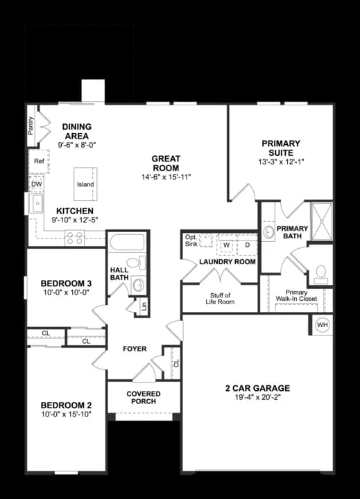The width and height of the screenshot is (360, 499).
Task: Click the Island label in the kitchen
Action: click(x=85, y=185)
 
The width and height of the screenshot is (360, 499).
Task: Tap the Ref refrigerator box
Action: click(x=39, y=161)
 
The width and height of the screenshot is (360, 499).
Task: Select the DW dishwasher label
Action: click(x=37, y=184)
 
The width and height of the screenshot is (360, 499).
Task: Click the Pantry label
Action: click(x=31, y=125)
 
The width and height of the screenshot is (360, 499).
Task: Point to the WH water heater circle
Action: click(x=323, y=324)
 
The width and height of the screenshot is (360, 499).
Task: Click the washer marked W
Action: click(x=226, y=245)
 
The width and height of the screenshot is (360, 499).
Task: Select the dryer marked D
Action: click(x=246, y=245)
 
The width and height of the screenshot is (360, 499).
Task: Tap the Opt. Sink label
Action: click(x=191, y=240)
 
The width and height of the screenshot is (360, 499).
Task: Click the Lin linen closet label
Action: click(x=143, y=306)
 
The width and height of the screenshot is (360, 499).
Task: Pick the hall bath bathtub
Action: click(x=126, y=243)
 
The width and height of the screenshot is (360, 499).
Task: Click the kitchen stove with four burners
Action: click(x=75, y=238)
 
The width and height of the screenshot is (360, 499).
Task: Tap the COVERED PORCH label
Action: click(x=144, y=397)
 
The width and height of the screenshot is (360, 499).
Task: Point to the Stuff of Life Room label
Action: click(x=220, y=299)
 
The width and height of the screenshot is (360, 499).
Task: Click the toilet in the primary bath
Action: click(x=320, y=274)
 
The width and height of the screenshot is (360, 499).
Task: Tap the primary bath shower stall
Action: click(x=321, y=220)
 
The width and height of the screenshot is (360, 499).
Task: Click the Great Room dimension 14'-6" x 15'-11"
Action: click(x=166, y=177)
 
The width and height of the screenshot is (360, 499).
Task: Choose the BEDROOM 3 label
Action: click(x=66, y=283)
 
